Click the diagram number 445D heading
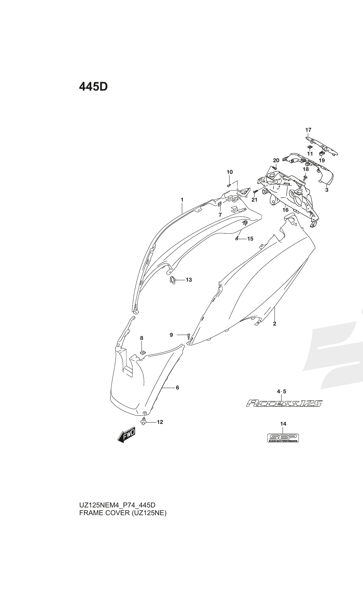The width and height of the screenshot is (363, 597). (x=93, y=87)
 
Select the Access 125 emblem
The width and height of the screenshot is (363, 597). (x=284, y=403)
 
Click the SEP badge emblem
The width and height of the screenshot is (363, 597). (x=283, y=438)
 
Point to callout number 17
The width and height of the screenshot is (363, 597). (x=308, y=130)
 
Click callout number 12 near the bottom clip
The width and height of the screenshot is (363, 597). (x=160, y=422)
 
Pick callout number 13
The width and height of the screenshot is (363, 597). (x=189, y=280)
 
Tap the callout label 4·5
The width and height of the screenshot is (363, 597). (x=282, y=392)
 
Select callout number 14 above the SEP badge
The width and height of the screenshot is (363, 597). (x=283, y=424)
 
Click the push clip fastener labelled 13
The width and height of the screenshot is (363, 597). (x=173, y=280)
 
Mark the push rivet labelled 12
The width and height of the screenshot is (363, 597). (x=144, y=422)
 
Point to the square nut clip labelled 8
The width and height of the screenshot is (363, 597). (x=143, y=352)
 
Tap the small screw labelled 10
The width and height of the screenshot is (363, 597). (x=229, y=185)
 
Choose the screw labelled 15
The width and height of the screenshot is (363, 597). (x=236, y=238)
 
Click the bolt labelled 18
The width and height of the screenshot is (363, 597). (x=305, y=177)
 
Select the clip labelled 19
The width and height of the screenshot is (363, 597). (x=322, y=153)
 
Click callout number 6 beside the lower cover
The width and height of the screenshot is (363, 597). (x=178, y=387)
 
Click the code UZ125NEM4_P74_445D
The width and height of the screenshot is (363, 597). (x=117, y=505)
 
